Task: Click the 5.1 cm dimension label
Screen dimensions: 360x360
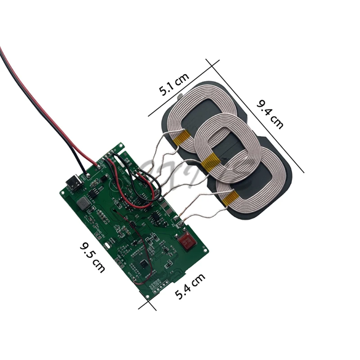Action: (174, 86)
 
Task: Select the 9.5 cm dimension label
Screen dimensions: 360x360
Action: (92, 257)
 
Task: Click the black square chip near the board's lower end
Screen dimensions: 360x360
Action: (144, 264)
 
